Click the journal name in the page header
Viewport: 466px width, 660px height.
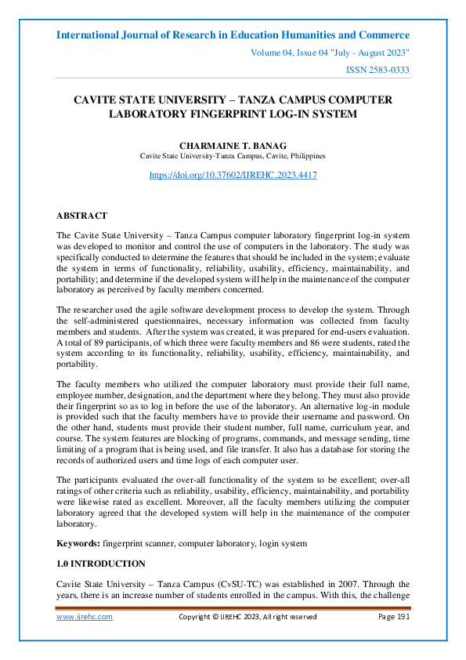pyautogui.click(x=233, y=35)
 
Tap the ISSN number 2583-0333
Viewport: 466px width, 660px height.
pyautogui.click(x=377, y=71)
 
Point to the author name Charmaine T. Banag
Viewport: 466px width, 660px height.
pyautogui.click(x=233, y=146)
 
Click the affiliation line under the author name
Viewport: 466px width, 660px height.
pyautogui.click(x=233, y=156)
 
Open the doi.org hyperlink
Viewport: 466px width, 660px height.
pyautogui.click(x=233, y=176)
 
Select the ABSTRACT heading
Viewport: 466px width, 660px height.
pyautogui.click(x=81, y=216)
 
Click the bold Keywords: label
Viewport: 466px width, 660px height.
pyautogui.click(x=78, y=543)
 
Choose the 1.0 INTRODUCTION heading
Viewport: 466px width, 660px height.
pyautogui.click(x=101, y=564)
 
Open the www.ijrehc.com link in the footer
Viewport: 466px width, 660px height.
pyautogui.click(x=85, y=617)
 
